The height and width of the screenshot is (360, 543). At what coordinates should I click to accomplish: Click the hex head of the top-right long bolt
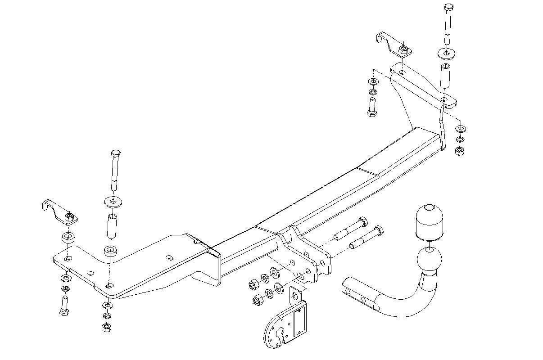click(448, 7)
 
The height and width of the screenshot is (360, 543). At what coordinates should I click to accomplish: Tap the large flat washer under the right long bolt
click(446, 53)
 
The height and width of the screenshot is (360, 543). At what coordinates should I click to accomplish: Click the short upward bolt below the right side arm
click(372, 108)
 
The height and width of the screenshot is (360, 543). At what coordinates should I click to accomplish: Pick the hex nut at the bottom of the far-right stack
click(460, 150)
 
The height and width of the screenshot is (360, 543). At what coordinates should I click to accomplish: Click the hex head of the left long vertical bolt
click(115, 153)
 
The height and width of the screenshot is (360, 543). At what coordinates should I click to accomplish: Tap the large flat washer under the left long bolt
click(112, 201)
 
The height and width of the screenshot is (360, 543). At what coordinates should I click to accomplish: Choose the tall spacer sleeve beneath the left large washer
click(111, 227)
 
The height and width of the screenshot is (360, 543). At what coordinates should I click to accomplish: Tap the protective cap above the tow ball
click(430, 222)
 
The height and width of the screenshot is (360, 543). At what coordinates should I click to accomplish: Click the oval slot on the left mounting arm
click(170, 258)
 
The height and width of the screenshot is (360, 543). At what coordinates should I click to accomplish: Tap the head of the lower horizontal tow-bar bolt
click(379, 231)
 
